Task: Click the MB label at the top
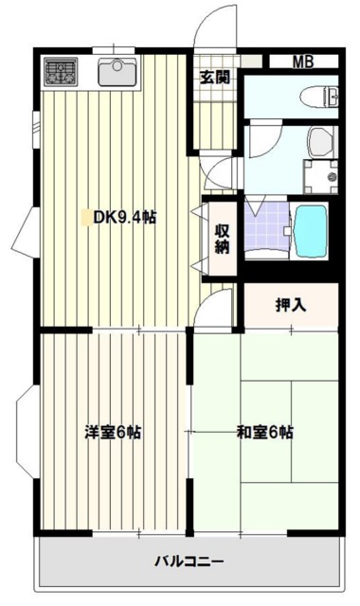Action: pyautogui.click(x=301, y=62)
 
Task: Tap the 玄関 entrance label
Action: pyautogui.click(x=213, y=78)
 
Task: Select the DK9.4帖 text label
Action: pyautogui.click(x=124, y=217)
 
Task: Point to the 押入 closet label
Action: pyautogui.click(x=290, y=305)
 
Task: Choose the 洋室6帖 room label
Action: pyautogui.click(x=113, y=432)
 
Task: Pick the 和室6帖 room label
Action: pyautogui.click(x=264, y=432)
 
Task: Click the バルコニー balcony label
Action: pyautogui.click(x=189, y=561)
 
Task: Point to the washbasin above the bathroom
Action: pyautogui.click(x=321, y=143)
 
